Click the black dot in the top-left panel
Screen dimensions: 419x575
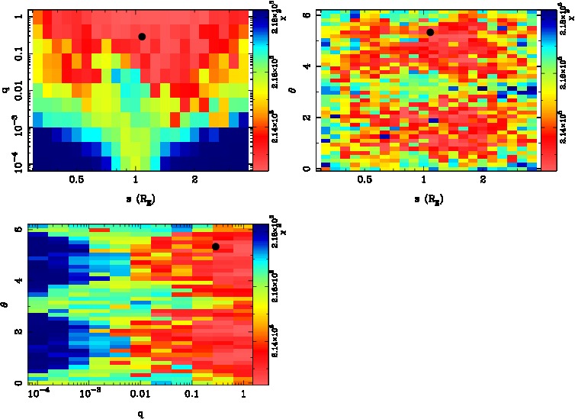(x=142, y=37)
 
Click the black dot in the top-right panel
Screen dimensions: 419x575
(x=430, y=32)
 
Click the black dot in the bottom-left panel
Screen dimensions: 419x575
(x=216, y=247)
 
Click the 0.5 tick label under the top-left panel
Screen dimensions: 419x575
(x=76, y=180)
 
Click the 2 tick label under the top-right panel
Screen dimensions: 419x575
(x=483, y=180)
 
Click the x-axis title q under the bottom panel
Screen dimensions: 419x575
(x=140, y=414)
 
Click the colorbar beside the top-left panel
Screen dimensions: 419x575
(x=260, y=89)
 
